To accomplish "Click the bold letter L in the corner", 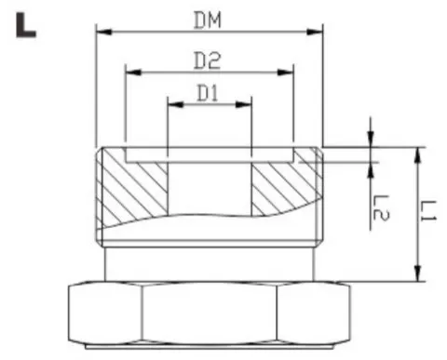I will coord(26,26).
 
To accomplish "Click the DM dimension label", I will coord(209,18).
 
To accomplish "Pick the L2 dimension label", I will coord(379,207).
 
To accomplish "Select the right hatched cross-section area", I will coord(285,186).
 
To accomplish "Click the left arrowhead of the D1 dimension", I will coord(172,104).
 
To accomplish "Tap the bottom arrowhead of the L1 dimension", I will coord(415,274).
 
